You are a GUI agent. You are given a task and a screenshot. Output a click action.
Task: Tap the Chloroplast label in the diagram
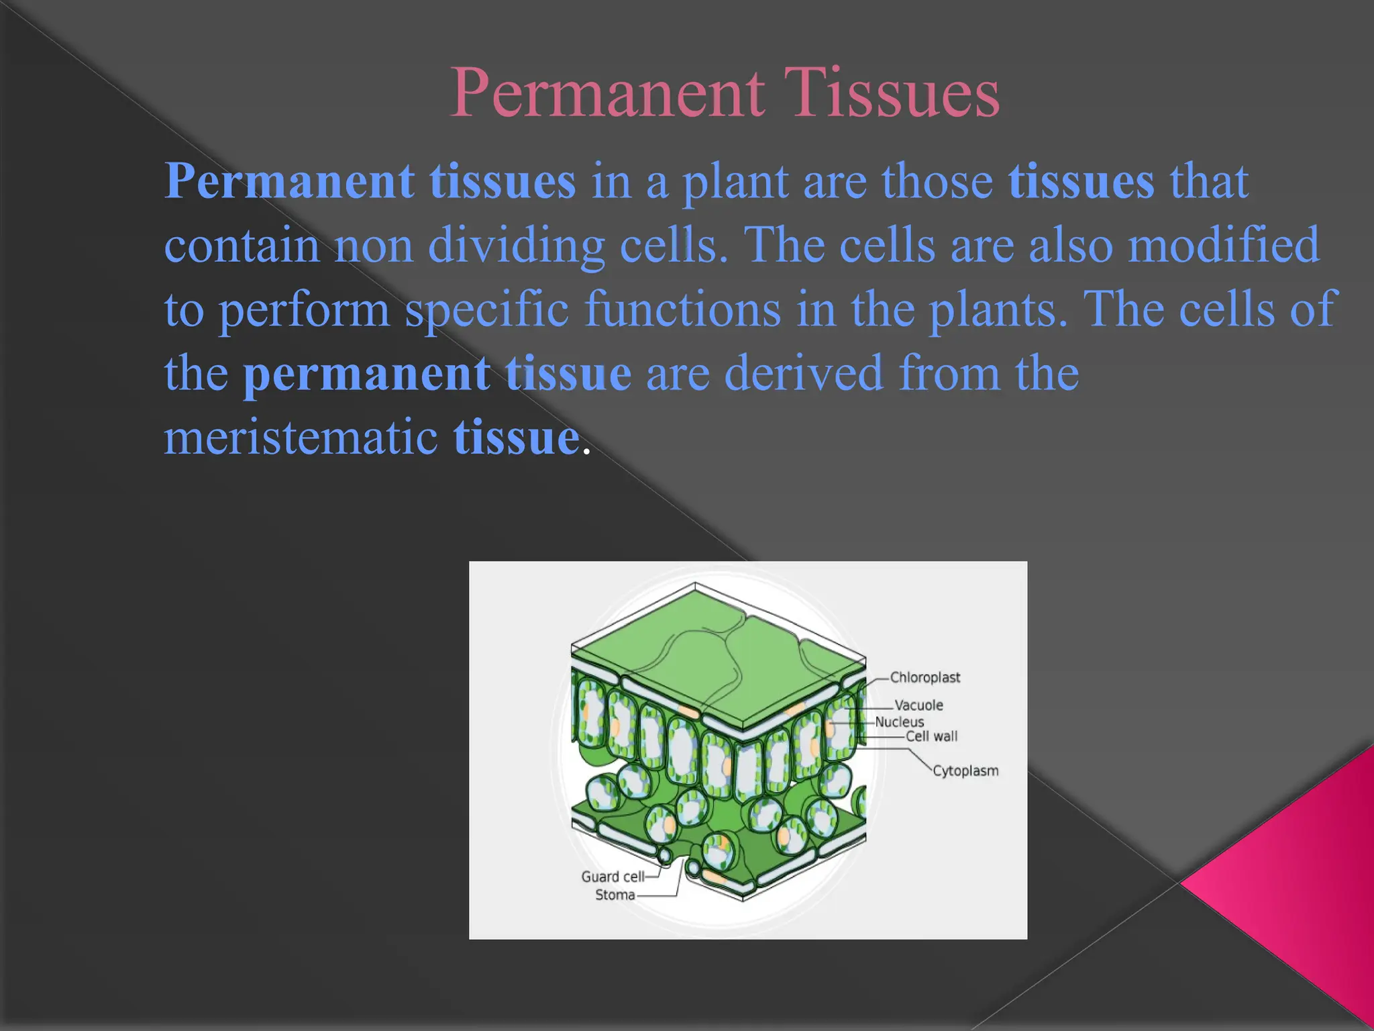click(x=924, y=677)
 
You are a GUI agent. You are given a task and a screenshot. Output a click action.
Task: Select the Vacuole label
click(x=918, y=705)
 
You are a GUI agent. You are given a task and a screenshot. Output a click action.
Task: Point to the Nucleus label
click(x=899, y=722)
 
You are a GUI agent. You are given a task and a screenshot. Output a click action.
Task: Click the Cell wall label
click(x=931, y=736)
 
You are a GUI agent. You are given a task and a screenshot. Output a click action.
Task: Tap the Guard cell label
click(x=612, y=877)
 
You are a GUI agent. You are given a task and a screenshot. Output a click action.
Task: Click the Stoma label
click(x=615, y=895)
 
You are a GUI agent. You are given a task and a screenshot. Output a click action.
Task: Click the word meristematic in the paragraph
click(x=301, y=438)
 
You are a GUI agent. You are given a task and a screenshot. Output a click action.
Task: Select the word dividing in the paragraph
click(x=516, y=246)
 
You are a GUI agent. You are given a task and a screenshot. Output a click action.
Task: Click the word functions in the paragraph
click(x=682, y=309)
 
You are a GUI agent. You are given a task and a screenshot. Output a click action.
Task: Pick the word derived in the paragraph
click(x=803, y=373)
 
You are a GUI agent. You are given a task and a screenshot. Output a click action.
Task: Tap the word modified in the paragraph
click(x=1223, y=244)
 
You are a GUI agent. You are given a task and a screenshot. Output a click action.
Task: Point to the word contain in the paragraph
click(x=242, y=246)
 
